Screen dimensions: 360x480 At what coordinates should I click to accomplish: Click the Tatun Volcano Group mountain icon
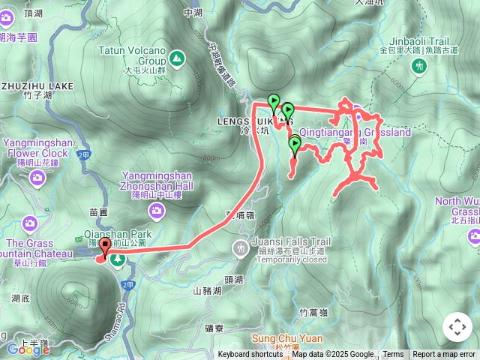(x=176, y=57)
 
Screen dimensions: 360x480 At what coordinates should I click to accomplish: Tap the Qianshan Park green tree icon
(x=118, y=260)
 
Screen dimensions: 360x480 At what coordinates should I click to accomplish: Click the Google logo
(x=28, y=349)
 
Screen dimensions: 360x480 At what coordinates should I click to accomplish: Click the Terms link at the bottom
(x=393, y=355)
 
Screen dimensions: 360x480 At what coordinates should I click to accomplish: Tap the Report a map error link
(x=444, y=355)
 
